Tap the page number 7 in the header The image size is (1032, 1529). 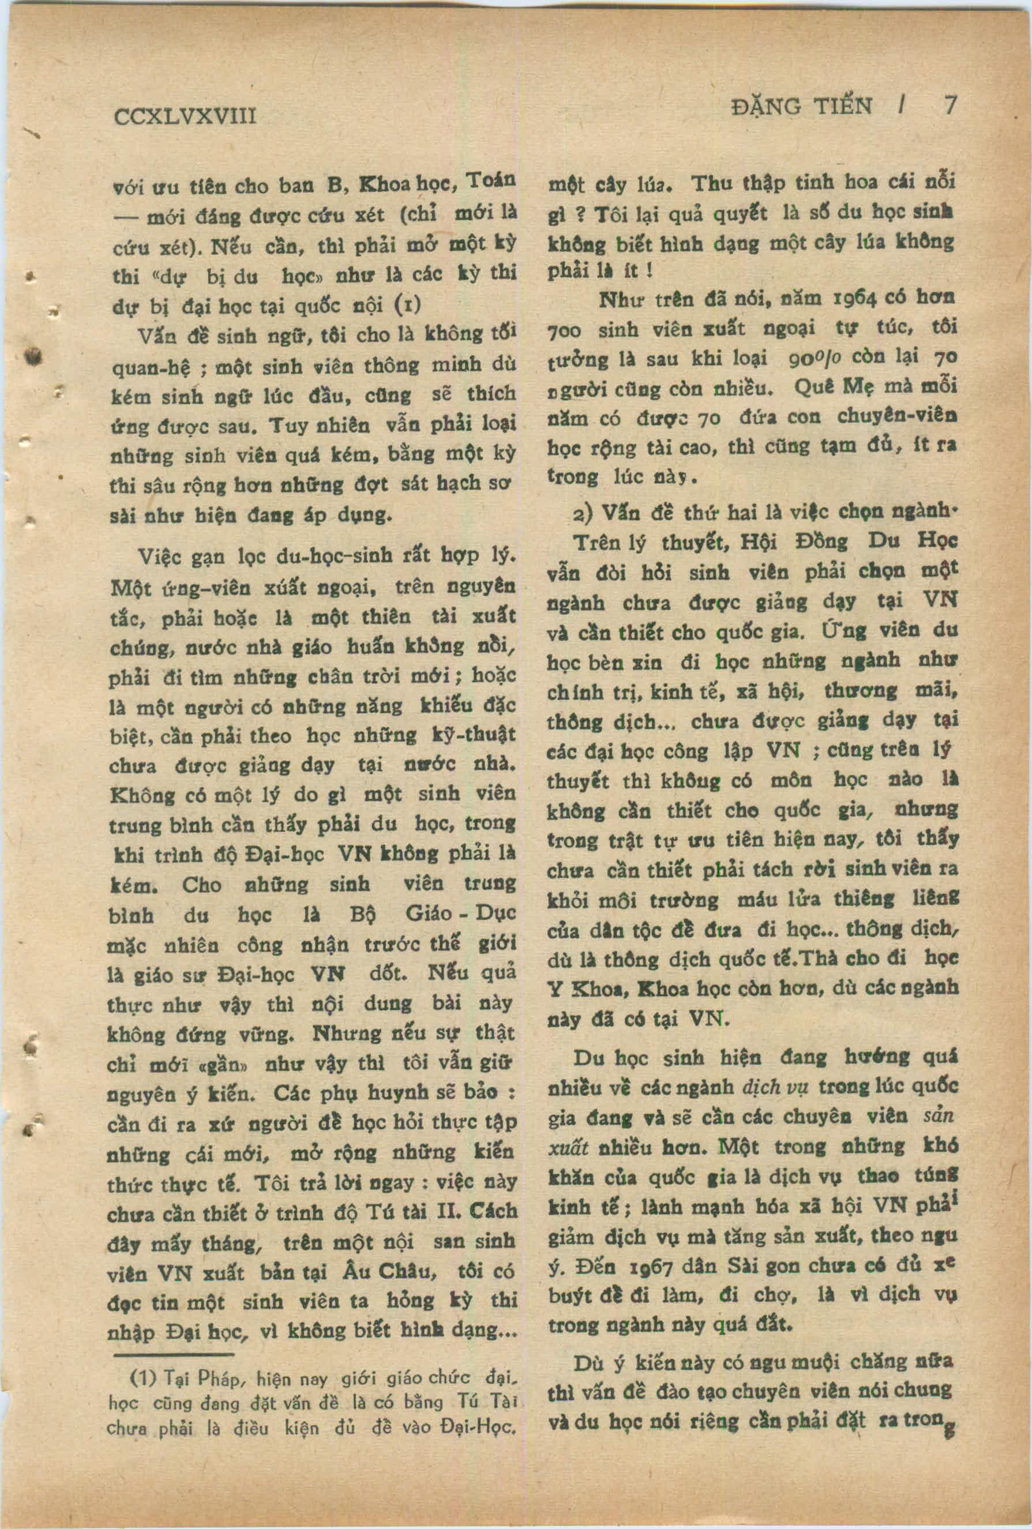coord(950,106)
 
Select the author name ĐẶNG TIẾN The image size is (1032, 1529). coord(801,107)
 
